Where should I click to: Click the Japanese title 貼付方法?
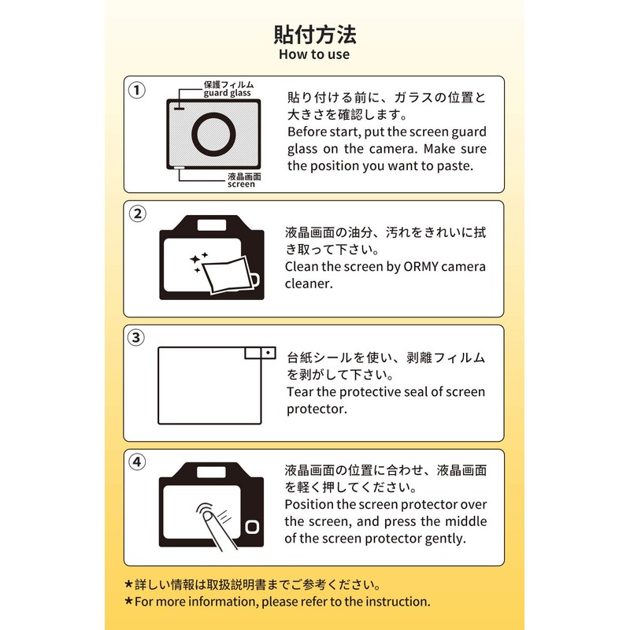(314, 35)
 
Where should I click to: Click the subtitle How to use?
(314, 55)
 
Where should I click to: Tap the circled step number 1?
(137, 91)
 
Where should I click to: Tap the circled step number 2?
(137, 213)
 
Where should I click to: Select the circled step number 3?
(137, 338)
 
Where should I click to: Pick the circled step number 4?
(137, 462)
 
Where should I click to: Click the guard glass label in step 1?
(227, 93)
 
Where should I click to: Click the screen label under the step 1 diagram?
(241, 184)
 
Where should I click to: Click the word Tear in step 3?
(299, 391)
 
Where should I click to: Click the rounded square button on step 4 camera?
(252, 526)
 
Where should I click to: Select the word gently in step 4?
(443, 539)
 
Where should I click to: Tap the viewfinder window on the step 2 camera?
(210, 227)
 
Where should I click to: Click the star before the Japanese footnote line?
(128, 585)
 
